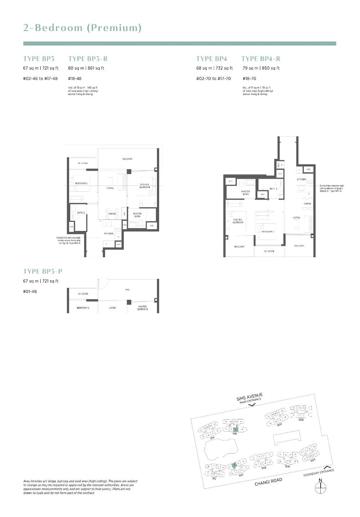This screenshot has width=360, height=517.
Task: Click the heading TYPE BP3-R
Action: coord(88,59)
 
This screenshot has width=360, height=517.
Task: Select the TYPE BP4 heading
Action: coord(212,59)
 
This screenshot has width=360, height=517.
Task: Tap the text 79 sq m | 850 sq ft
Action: coord(261,68)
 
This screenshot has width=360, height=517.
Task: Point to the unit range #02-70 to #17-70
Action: coord(213,79)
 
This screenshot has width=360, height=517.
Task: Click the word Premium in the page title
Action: coord(114,28)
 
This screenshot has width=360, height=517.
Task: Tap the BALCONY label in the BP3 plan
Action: coord(127,159)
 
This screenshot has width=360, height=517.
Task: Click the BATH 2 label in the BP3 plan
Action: coord(81,213)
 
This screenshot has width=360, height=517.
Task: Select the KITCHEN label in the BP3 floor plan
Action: coord(109,233)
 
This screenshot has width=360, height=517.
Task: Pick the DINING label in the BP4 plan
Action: coord(307,204)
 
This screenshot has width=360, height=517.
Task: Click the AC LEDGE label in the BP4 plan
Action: coord(269,251)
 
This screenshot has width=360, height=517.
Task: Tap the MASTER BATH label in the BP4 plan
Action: coord(246,193)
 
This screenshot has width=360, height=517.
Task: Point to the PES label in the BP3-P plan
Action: coord(127,289)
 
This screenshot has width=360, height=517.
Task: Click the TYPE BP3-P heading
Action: coord(43,271)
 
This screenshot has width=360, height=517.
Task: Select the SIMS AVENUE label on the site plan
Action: coord(249,396)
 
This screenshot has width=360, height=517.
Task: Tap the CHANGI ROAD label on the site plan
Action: coord(268,482)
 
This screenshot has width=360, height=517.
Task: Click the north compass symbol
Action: coord(320,488)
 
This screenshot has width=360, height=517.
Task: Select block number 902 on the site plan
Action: coord(301,420)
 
